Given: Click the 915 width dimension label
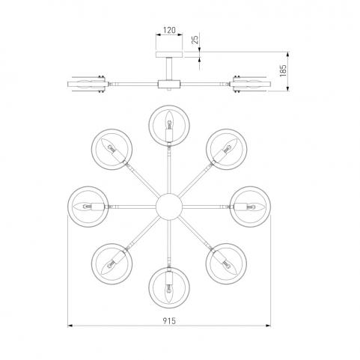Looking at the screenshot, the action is point(169,320).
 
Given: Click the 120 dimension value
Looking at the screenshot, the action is point(169,31).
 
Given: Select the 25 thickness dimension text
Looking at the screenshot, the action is point(195,40).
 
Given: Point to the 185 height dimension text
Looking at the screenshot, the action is point(283,70).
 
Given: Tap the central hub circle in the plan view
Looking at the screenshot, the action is point(169,207).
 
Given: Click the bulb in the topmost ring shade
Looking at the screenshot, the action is point(169,120).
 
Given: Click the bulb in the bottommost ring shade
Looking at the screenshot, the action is point(169,293).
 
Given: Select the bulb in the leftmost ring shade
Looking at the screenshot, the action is point(83,207).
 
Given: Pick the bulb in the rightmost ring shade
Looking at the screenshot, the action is point(255,207).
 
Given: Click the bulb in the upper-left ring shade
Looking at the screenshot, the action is point(109,146).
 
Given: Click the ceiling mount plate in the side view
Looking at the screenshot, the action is point(169,55).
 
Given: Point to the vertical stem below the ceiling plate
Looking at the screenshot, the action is point(169,69).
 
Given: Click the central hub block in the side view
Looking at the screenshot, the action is point(169,84).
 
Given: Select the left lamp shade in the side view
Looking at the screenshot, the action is point(88,84).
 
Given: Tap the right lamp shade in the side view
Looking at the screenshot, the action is point(250,84).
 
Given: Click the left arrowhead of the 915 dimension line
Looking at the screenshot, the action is point(70,326).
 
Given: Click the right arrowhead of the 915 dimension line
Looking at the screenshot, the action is point(268,326).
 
